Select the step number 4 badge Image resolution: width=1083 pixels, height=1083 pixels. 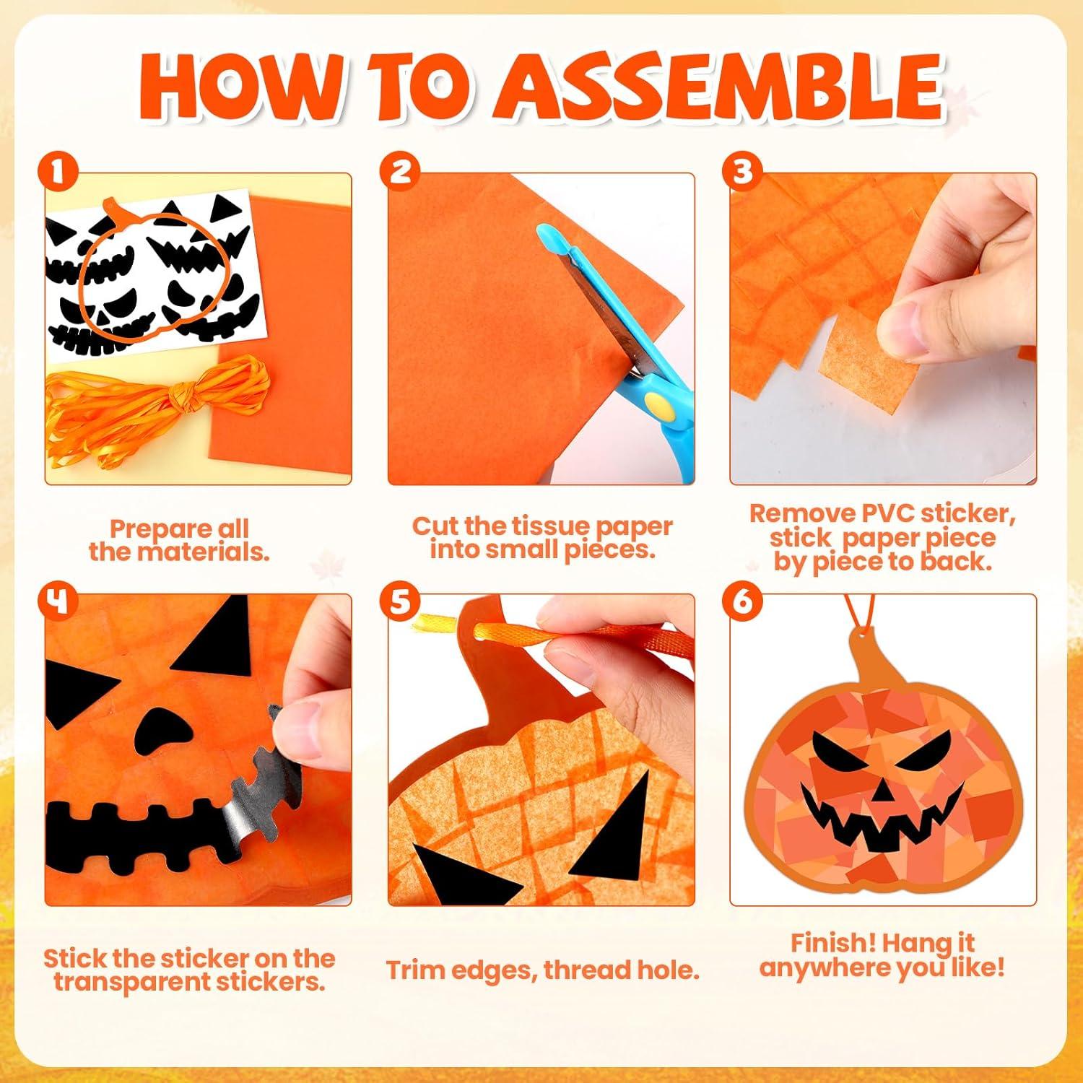(59, 601)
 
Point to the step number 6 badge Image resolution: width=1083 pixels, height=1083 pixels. (742, 601)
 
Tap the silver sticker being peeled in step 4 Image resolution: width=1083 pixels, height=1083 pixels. (260, 794)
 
